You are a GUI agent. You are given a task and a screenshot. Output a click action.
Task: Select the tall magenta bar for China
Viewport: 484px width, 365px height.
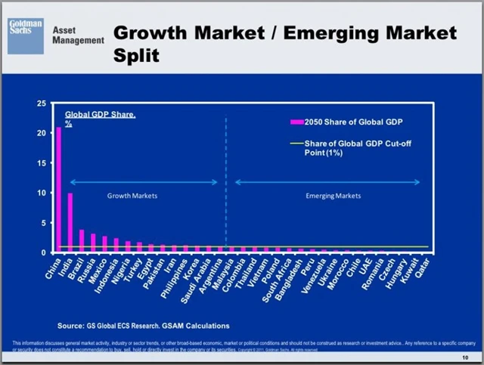[58, 189]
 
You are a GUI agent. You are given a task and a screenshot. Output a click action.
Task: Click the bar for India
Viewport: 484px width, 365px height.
[70, 222]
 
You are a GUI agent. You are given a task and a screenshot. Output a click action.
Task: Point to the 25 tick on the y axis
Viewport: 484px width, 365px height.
[42, 103]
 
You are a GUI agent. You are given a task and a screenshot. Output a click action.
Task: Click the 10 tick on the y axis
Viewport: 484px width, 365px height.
[42, 193]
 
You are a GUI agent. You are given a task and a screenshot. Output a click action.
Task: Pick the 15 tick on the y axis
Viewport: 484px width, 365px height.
[42, 162]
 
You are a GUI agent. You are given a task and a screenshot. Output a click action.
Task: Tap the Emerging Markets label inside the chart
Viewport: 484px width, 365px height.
[333, 196]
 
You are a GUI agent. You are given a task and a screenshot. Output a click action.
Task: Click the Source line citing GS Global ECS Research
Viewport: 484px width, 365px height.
[143, 326]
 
